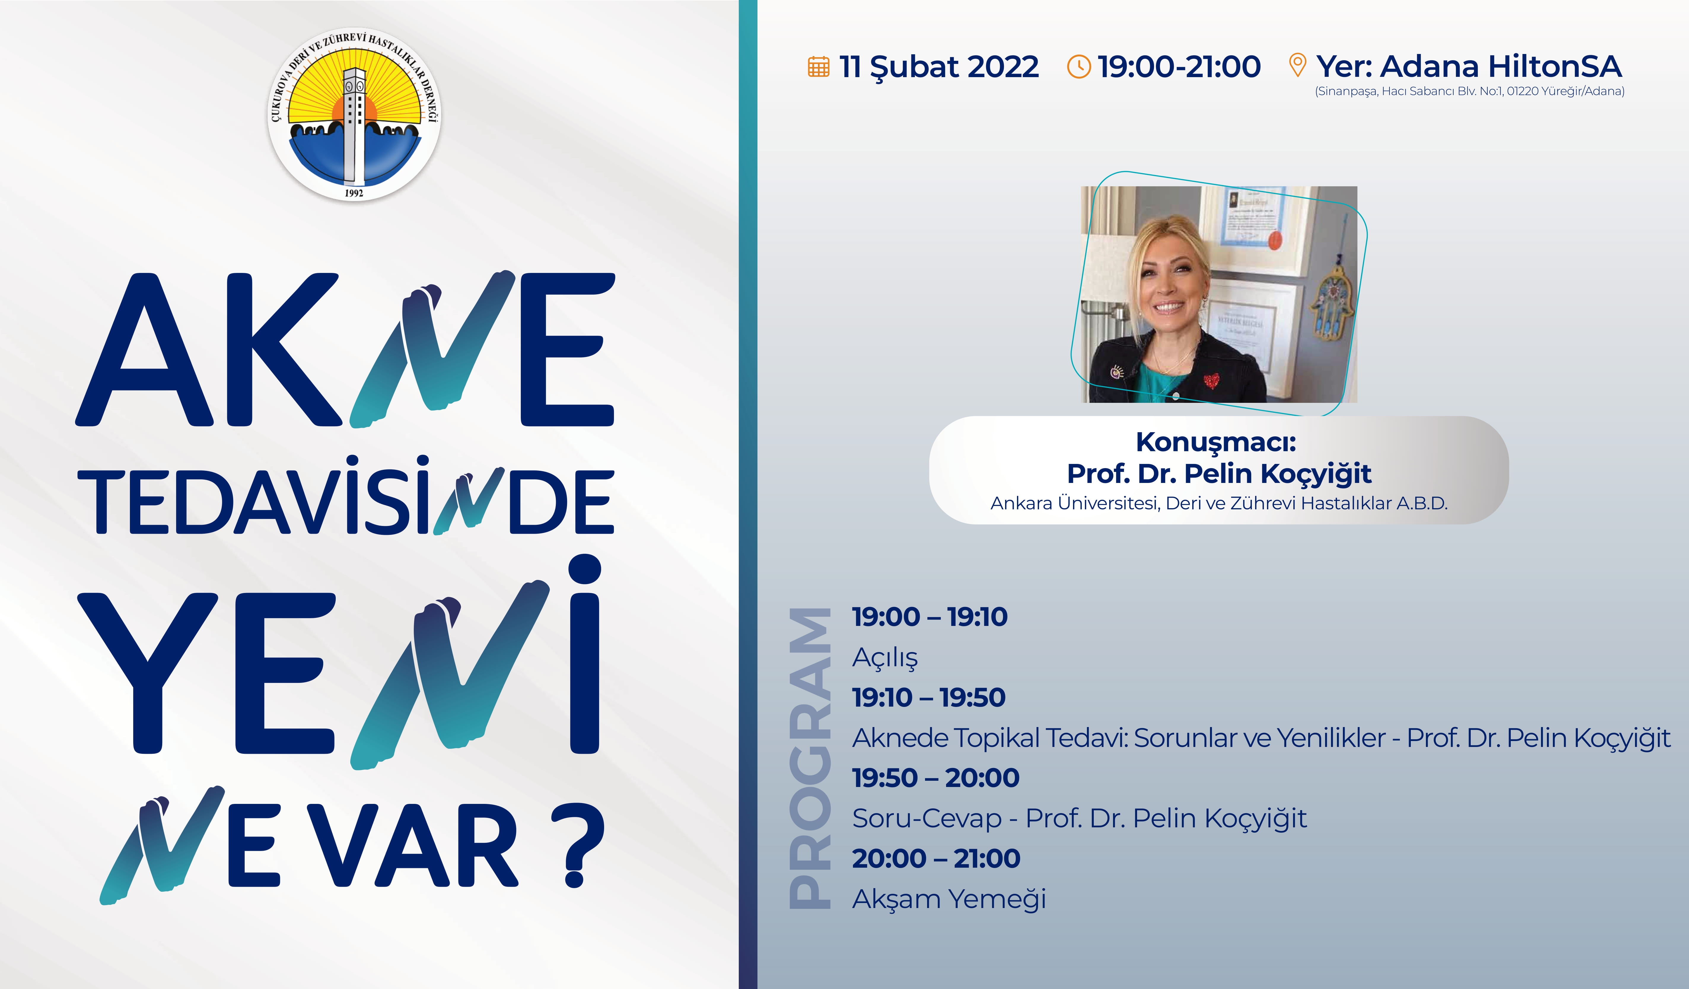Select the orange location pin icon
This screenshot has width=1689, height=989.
(1298, 65)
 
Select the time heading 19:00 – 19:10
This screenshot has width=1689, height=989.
(930, 617)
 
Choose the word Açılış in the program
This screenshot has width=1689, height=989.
(885, 658)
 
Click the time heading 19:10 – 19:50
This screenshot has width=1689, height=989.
(929, 697)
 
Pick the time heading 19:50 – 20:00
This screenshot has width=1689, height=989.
(936, 778)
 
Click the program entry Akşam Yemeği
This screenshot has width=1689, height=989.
(949, 899)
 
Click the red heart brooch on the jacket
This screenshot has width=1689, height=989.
(1211, 380)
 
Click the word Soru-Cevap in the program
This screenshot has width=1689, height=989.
(927, 819)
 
